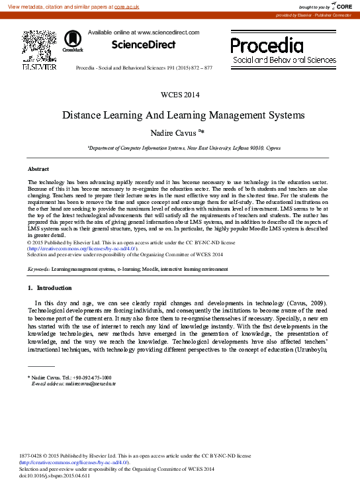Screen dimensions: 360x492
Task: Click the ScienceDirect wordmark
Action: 144,45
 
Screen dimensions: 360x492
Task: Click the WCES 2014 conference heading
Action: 180,95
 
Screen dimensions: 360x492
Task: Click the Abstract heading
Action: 38,170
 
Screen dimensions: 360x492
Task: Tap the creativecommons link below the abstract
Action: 81,248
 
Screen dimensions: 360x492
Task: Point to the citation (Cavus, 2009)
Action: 317,303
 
